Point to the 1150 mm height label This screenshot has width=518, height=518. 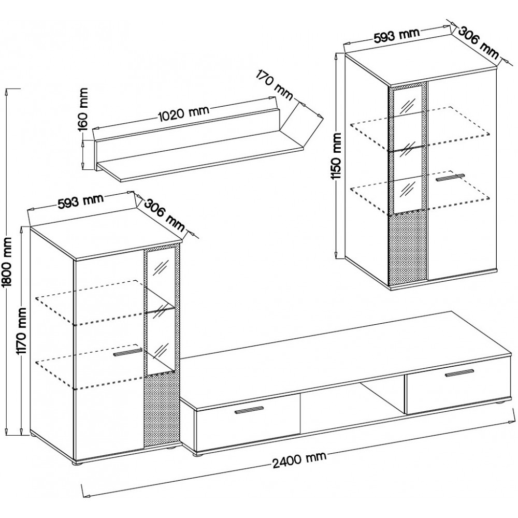point(337,156)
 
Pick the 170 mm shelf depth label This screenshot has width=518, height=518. point(274,85)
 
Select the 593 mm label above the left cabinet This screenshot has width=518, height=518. point(81,200)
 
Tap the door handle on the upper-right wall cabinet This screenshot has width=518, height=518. point(450,177)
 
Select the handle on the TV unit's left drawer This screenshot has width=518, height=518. point(249,410)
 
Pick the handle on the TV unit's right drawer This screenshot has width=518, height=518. point(459,372)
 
